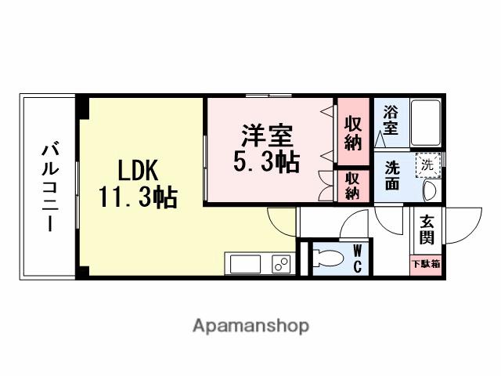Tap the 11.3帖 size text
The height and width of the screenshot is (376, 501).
click(138, 196)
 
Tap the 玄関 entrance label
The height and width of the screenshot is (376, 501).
click(427, 229)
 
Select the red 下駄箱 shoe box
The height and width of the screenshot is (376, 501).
click(426, 264)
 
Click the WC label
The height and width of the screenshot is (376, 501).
click(357, 258)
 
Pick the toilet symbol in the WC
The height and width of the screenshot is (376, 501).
click(328, 259)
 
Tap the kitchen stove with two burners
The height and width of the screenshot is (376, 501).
click(280, 263)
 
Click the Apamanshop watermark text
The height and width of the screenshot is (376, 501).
click(251, 325)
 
